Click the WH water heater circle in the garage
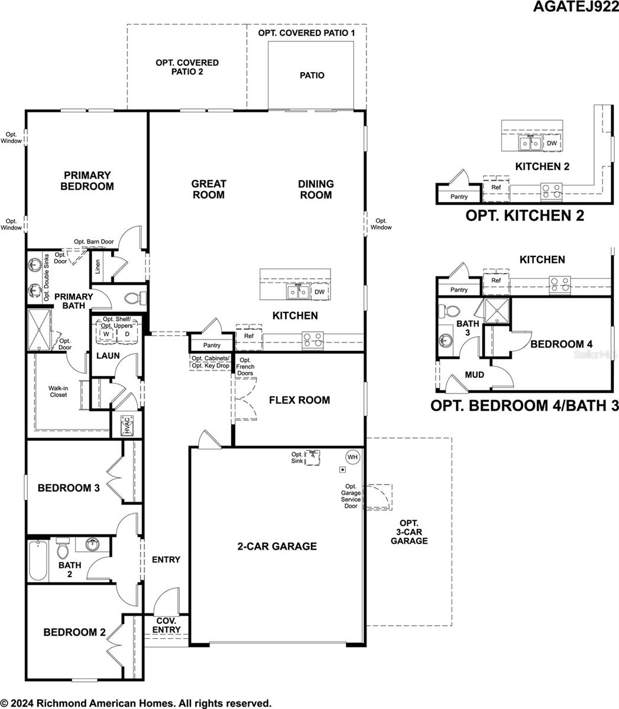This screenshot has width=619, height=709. coord(352,457)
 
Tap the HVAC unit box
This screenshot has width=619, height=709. coord(127,425)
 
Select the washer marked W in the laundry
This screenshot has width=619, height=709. coord(106,334)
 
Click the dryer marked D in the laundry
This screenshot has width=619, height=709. coord(127,334)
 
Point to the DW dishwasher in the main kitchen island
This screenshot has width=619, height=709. coord(319,292)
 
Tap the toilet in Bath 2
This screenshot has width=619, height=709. coord(63,549)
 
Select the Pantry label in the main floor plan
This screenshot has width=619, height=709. coord(212,345)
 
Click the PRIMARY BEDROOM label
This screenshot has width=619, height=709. coord(87,181)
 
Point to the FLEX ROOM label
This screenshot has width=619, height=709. coord(299,400)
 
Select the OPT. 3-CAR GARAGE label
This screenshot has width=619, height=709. coord(409,532)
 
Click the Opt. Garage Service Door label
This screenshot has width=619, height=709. coord(351,496)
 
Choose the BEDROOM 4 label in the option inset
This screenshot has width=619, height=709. coord(561,344)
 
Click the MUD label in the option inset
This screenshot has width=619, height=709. coord(474,375)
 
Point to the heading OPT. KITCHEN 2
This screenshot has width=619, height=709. coord(524,216)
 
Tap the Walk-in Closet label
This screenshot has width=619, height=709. coord(58,391)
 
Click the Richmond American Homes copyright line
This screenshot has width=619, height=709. coord(137,703)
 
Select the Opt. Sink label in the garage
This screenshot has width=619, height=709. coord(297,458)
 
